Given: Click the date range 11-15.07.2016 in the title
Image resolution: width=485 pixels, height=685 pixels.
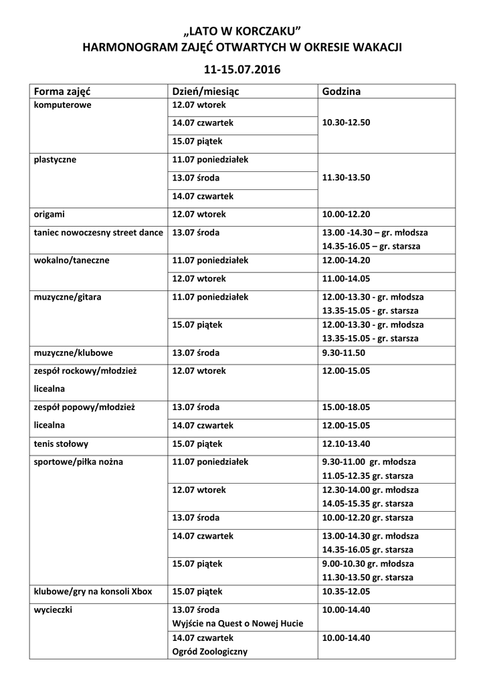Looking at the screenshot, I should [242, 69].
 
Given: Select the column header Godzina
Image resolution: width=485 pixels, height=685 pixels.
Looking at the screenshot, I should [341, 92].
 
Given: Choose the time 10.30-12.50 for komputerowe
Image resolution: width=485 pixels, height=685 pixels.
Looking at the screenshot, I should [346, 123].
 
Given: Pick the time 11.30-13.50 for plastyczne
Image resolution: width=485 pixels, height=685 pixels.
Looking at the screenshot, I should [346, 178].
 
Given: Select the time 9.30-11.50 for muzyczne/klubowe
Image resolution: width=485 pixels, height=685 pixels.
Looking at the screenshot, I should [344, 352].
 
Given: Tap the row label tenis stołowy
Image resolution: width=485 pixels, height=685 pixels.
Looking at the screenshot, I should [61, 443].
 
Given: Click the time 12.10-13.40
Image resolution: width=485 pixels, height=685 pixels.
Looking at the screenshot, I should [346, 443].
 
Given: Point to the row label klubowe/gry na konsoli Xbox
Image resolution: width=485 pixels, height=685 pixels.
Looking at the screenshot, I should [93, 591].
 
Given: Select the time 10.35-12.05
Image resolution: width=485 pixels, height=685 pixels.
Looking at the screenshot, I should [346, 591].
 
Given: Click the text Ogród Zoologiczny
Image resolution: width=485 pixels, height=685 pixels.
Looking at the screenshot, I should [210, 651].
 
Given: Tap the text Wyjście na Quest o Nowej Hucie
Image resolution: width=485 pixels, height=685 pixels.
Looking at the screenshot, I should [237, 623].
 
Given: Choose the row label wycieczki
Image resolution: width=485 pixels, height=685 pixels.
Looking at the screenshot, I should [54, 610].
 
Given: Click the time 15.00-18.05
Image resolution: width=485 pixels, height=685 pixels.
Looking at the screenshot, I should [346, 407].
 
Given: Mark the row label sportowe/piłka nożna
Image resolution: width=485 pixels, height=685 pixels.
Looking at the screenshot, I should [78, 462].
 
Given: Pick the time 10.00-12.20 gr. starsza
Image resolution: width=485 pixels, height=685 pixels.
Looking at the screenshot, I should [367, 518].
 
